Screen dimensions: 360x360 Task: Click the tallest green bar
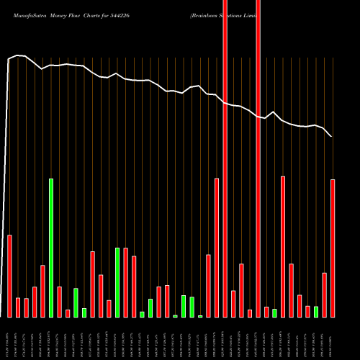point(51,248)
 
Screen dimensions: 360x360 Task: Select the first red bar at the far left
point(9,276)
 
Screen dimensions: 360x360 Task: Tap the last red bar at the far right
point(333,248)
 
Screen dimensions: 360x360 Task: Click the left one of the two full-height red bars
point(225,180)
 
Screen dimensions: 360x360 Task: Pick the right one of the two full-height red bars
point(258,180)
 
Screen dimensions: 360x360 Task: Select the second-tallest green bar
point(117,282)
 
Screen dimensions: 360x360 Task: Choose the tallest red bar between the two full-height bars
point(242,290)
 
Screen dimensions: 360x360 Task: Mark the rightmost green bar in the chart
point(316,312)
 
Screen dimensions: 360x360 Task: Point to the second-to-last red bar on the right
point(325,295)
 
